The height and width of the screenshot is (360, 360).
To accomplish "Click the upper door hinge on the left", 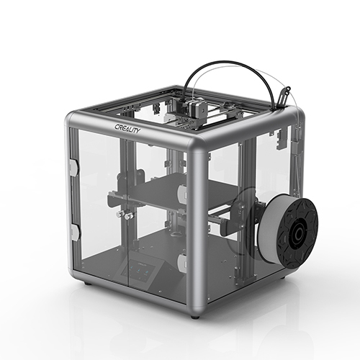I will tap(73, 167).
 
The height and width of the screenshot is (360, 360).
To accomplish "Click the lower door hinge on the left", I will tap(74, 232).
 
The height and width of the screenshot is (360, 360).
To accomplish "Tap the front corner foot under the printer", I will tap(195, 315).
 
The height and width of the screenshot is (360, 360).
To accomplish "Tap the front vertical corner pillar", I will tap(195, 230).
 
